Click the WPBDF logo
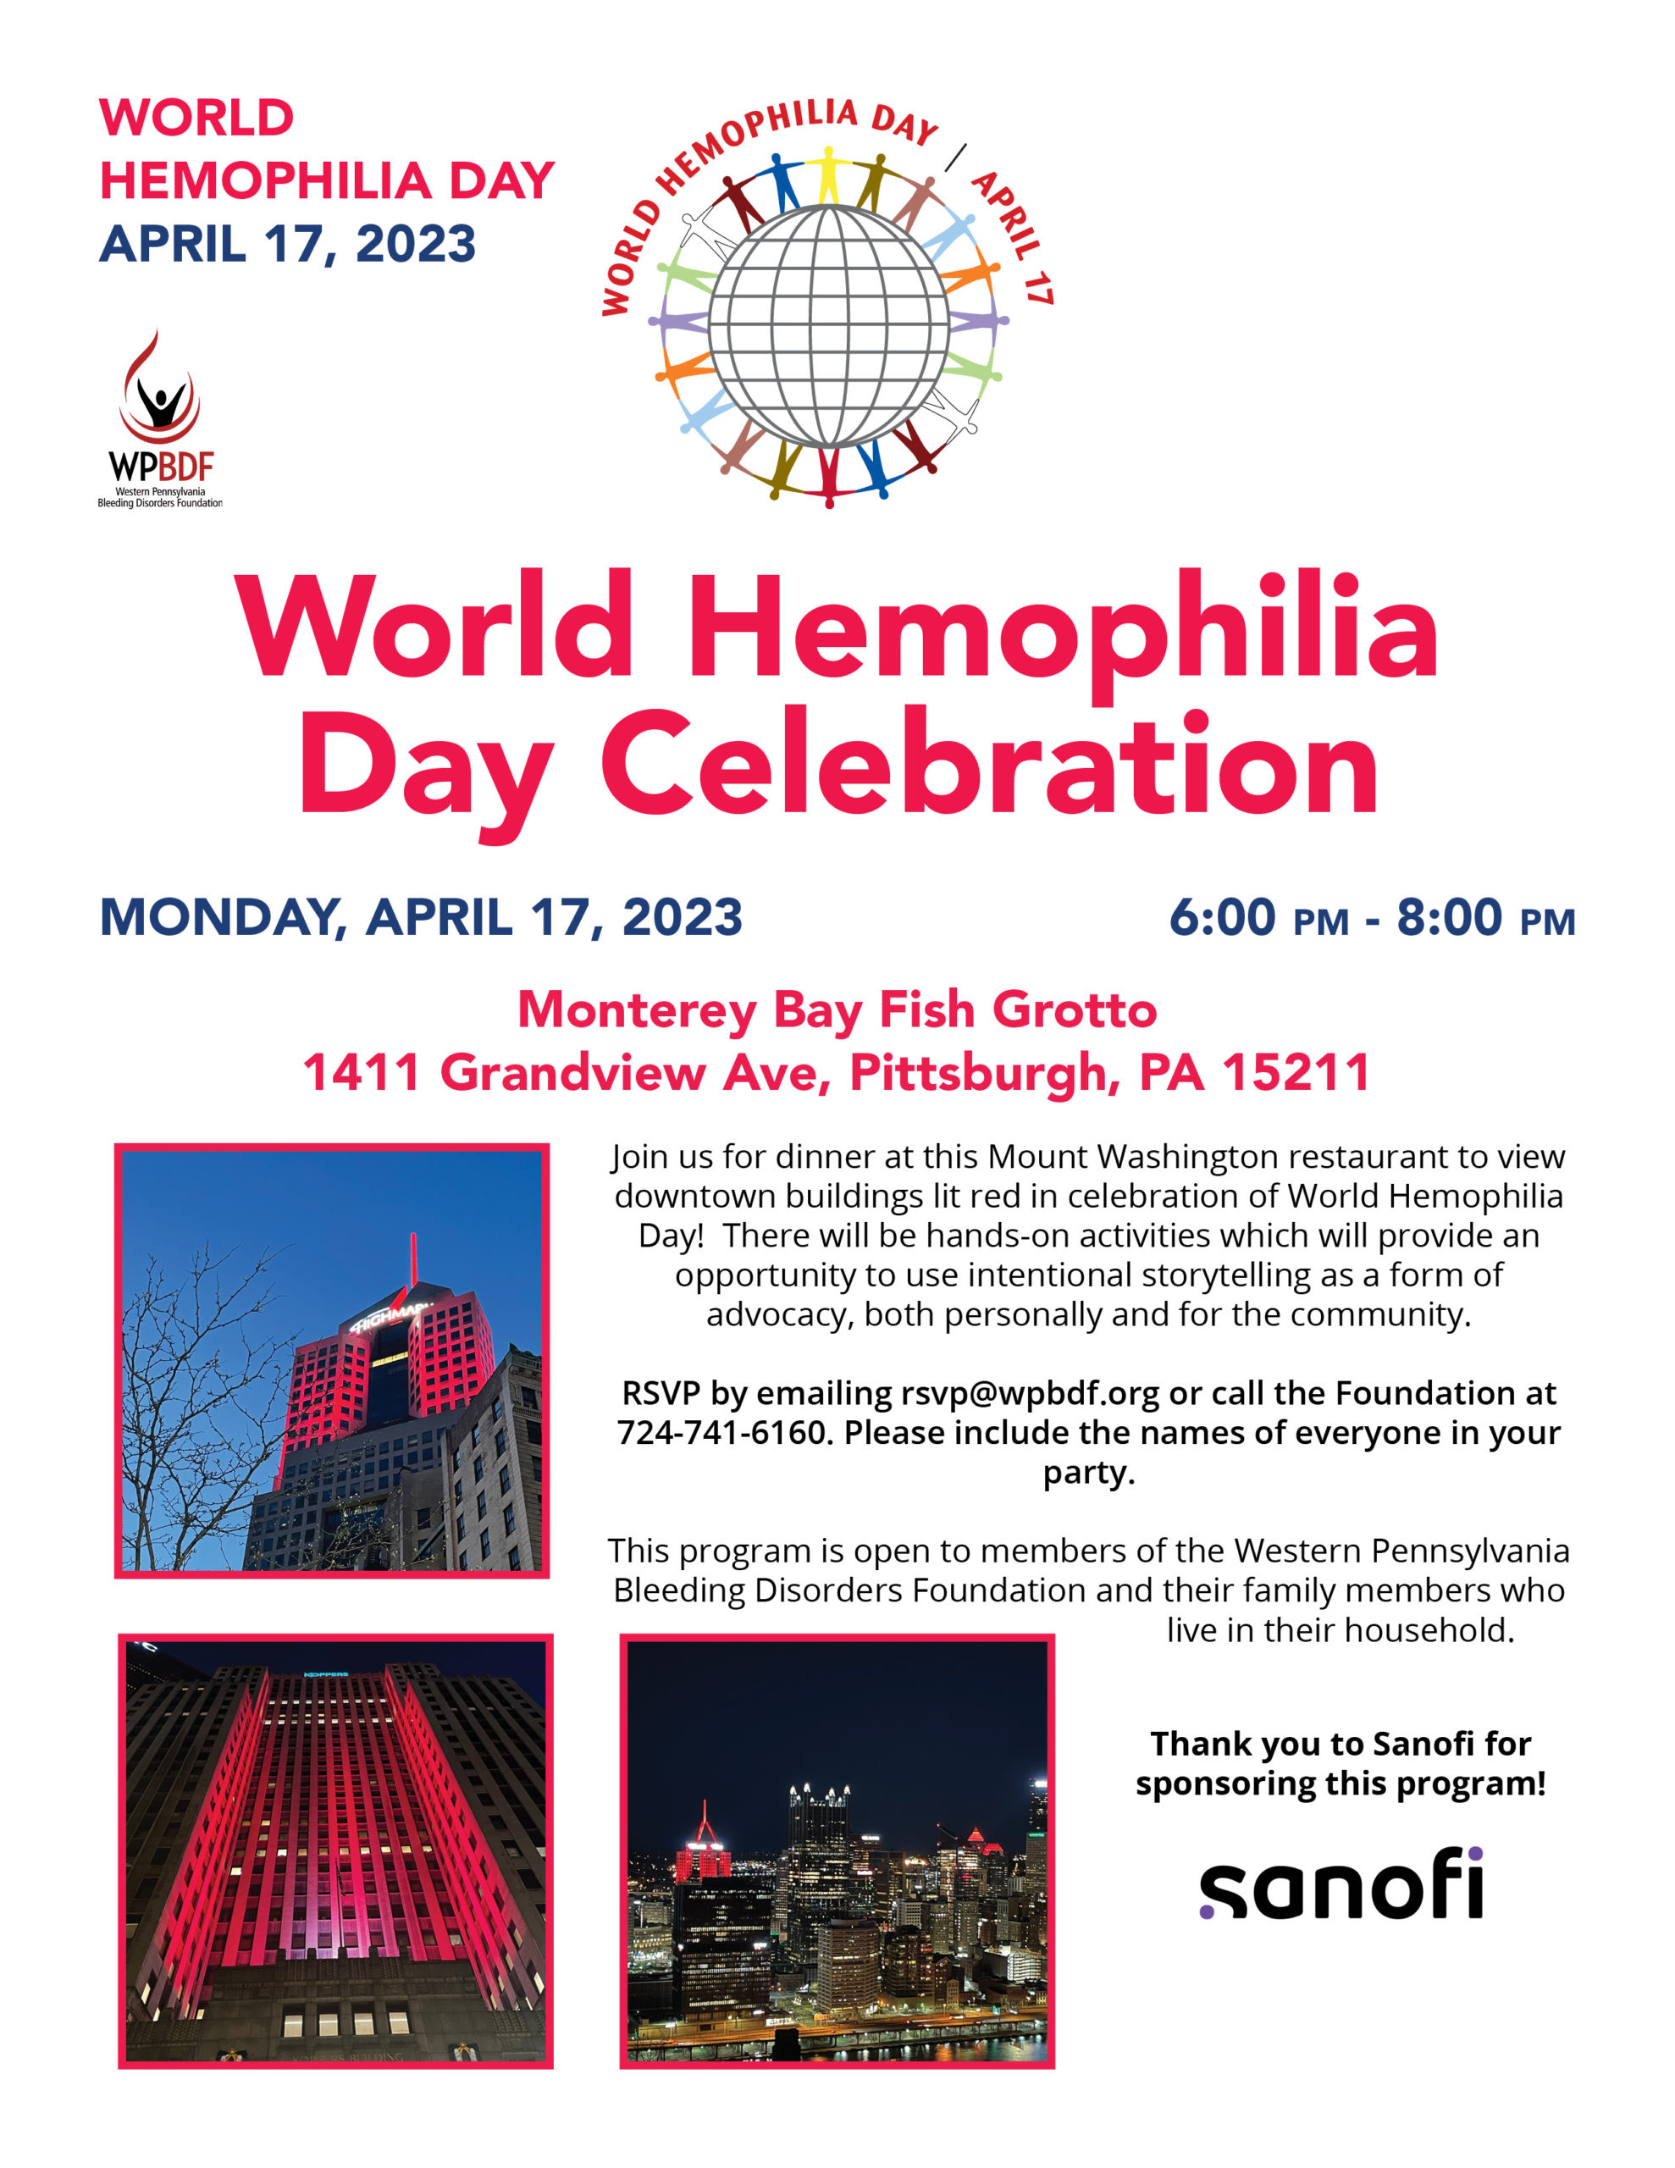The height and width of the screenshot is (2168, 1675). pyautogui.click(x=160, y=419)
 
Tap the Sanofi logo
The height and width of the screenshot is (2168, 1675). pyautogui.click(x=1341, y=1883)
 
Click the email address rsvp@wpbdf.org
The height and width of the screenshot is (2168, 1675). pyautogui.click(x=1030, y=1394)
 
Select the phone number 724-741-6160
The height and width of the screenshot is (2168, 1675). pyautogui.click(x=721, y=1434)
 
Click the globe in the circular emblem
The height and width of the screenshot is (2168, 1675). pyautogui.click(x=828, y=324)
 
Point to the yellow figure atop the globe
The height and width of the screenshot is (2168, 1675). pyautogui.click(x=827, y=174)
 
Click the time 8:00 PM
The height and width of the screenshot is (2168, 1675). pyautogui.click(x=1485, y=917)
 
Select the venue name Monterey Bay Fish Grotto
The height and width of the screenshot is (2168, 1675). pyautogui.click(x=836, y=1009)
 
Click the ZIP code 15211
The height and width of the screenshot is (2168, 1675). pyautogui.click(x=1295, y=1072)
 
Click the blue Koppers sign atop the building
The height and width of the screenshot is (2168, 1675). pyautogui.click(x=326, y=1673)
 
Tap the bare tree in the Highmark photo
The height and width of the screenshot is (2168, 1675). pyautogui.click(x=194, y=1390)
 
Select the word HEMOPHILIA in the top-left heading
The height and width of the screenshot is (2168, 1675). pyautogui.click(x=264, y=180)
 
